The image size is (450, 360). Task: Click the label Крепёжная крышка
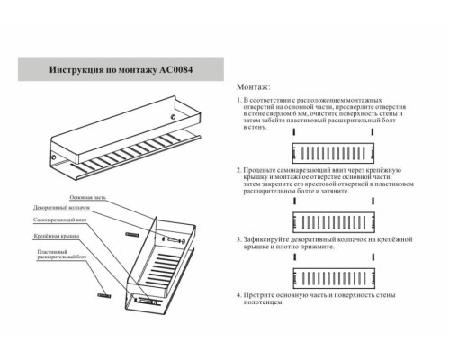[x=56, y=236]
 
